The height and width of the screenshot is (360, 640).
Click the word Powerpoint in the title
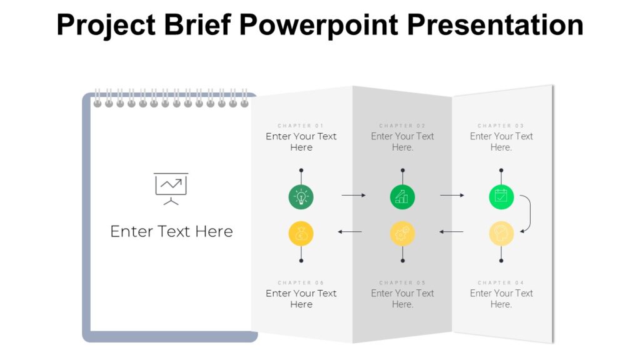point(317,25)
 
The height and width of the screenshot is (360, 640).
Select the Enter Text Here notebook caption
point(171,231)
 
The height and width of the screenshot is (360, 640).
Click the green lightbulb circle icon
point(301,197)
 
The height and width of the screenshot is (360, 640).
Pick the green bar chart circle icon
point(402,197)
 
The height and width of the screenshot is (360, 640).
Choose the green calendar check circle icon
point(501,197)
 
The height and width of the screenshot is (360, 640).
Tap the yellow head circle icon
point(501,234)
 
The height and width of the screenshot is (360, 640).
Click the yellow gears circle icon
point(402,234)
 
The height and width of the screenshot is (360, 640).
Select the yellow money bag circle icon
point(301,234)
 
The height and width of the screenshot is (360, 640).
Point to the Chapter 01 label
point(301,126)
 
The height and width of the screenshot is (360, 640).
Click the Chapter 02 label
point(402,126)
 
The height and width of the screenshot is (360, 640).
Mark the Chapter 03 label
point(501,126)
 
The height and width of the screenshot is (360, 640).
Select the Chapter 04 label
point(501,282)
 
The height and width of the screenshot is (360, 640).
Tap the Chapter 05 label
point(402,282)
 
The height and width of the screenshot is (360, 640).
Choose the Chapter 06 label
point(301,282)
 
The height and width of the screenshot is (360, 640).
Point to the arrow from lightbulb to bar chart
point(353,196)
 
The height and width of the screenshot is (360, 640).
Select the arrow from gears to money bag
point(350,232)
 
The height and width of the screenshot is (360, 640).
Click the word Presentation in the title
point(496,25)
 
